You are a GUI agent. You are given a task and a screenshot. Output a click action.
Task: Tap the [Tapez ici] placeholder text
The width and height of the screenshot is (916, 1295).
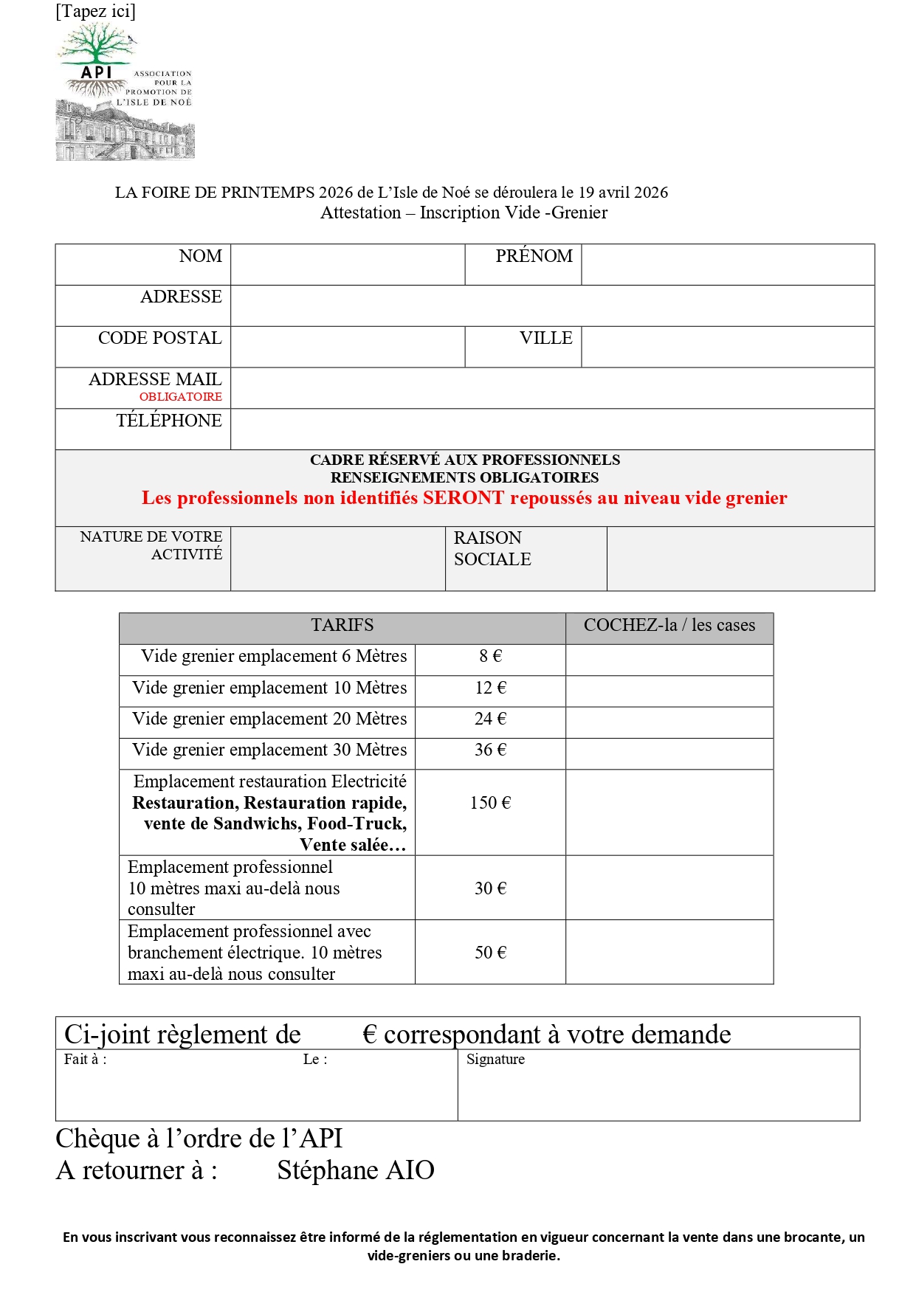[95, 11]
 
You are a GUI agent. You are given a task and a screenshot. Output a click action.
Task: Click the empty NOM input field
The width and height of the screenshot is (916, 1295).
[347, 264]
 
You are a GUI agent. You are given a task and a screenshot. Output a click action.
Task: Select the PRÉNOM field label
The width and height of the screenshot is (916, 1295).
[533, 256]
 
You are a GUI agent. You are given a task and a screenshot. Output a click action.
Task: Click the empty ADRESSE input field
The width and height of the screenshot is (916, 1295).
[551, 305]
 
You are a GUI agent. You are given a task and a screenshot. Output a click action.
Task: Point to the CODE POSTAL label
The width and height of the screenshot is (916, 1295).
[159, 338]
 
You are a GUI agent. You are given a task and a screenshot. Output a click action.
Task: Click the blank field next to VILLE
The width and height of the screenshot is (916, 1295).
[727, 347]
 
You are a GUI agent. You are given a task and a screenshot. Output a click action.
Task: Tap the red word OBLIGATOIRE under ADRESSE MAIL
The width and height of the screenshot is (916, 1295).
[180, 397]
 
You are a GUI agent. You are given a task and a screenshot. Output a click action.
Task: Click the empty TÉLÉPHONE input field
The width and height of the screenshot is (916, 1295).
[551, 429]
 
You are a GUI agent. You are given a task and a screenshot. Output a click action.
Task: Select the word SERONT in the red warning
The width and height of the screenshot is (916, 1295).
[463, 498]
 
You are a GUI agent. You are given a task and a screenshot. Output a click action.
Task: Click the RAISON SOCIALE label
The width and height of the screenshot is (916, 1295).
[492, 548]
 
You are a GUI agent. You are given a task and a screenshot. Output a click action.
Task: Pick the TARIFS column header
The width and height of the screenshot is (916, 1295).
[342, 626]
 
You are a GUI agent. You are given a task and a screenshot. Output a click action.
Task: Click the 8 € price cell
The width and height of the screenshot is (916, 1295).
[490, 656]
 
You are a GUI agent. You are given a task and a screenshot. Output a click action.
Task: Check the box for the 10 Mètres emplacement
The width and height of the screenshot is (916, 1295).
[669, 691]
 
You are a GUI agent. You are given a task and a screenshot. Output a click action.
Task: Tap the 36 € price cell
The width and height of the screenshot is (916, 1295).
[490, 750]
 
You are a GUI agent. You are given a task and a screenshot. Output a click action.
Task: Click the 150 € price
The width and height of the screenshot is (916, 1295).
[490, 803]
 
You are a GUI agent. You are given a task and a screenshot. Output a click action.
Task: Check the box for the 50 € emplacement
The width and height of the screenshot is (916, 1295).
[669, 952]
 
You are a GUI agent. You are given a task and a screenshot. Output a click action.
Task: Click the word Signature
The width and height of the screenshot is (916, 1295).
[495, 1060]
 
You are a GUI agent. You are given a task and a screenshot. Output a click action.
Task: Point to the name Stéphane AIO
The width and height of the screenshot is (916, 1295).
[355, 1170]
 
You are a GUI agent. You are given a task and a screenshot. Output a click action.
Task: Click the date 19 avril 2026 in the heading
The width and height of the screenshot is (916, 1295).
[623, 193]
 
